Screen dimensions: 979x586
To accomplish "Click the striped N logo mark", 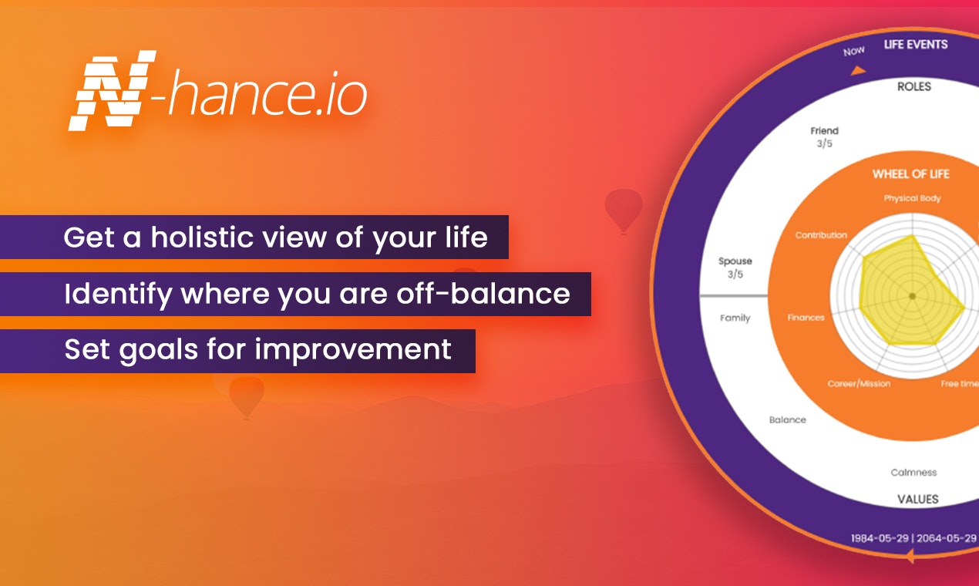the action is pyautogui.click(x=113, y=90).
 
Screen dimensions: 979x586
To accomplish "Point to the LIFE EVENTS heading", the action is pyautogui.click(x=916, y=45).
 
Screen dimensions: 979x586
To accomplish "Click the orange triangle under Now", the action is pyautogui.click(x=858, y=70).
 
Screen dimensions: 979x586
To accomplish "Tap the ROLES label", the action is pyautogui.click(x=914, y=86).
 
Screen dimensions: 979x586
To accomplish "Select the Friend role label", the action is pyautogui.click(x=824, y=131).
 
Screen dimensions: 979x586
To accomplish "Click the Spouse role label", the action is pyautogui.click(x=735, y=261).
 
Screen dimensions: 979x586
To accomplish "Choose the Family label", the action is pyautogui.click(x=735, y=318).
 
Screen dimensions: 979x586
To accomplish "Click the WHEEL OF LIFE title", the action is pyautogui.click(x=911, y=174).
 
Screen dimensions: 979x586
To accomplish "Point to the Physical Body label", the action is pyautogui.click(x=912, y=198).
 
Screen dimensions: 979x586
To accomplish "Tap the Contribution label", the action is pyautogui.click(x=821, y=235).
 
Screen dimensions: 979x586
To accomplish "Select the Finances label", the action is pyautogui.click(x=806, y=318).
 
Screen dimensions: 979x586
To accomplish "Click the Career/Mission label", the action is pyautogui.click(x=859, y=383).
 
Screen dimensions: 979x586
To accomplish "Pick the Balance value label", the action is pyautogui.click(x=788, y=419).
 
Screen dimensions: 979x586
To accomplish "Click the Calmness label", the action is pyautogui.click(x=913, y=473).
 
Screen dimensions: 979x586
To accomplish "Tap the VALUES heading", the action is pyautogui.click(x=918, y=500).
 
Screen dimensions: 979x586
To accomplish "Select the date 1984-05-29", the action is pyautogui.click(x=880, y=538).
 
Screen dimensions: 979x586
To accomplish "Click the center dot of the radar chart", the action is pyautogui.click(x=912, y=296).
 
